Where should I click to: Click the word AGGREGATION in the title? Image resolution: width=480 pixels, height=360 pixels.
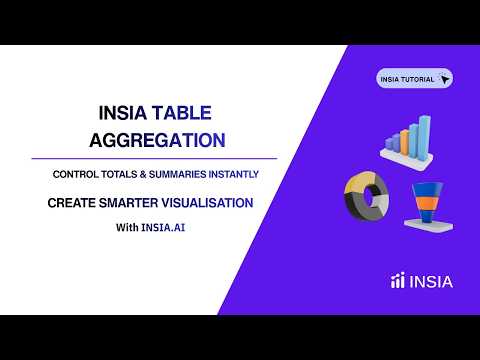tap(154, 138)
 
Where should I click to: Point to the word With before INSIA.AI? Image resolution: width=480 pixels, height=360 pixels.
tap(127, 227)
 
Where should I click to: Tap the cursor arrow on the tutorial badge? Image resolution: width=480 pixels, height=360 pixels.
tap(444, 78)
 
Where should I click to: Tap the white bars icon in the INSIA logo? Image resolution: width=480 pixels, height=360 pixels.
tap(397, 282)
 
